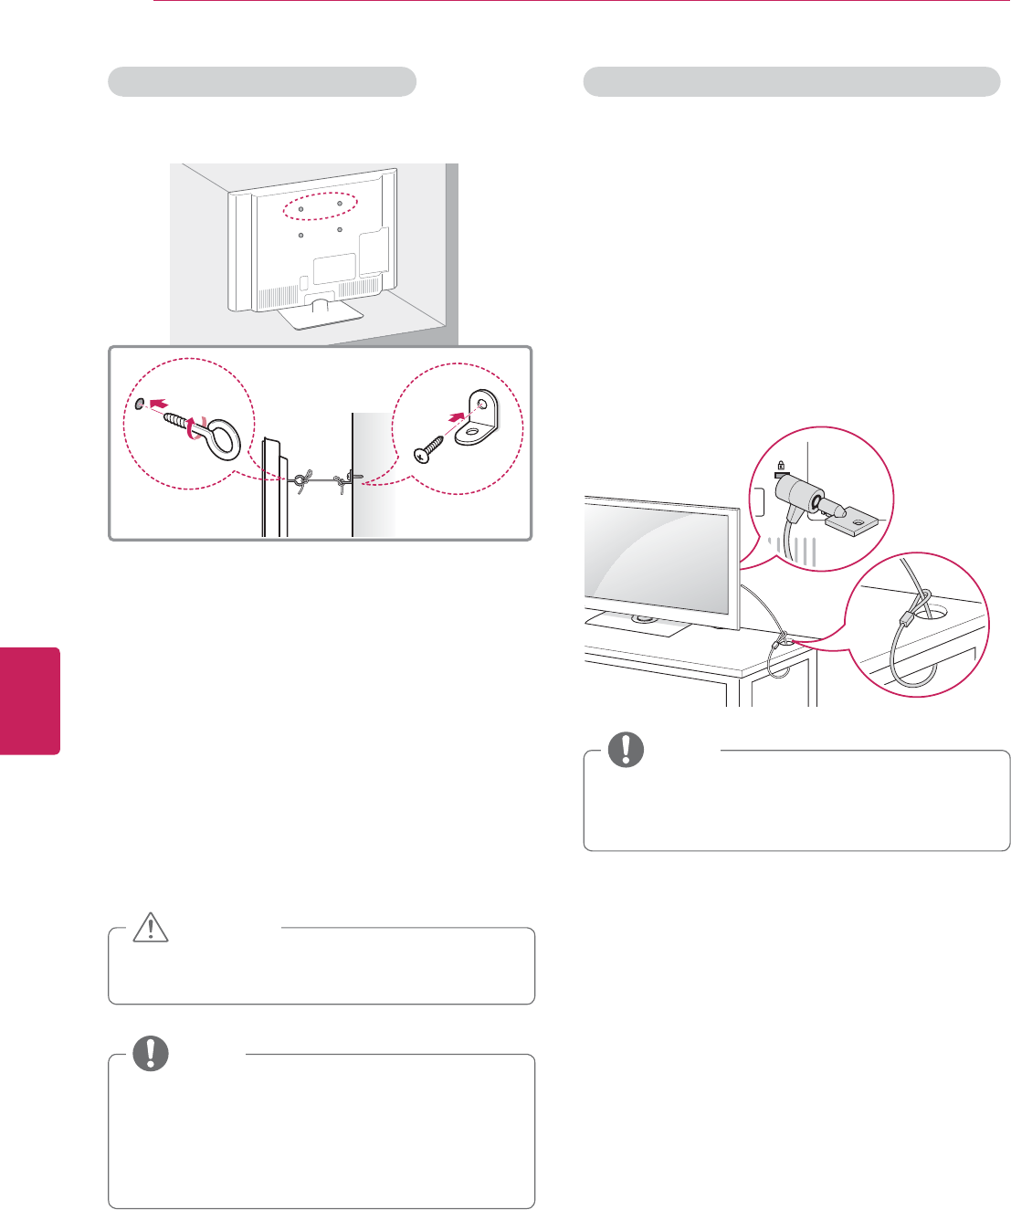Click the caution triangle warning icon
point(150,928)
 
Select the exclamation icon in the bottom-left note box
point(151,1054)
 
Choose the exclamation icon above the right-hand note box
point(626,749)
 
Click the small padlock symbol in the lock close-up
point(781,466)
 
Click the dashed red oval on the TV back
point(319,205)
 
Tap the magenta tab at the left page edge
point(29,700)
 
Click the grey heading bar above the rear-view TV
point(262,81)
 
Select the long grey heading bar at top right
point(791,81)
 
